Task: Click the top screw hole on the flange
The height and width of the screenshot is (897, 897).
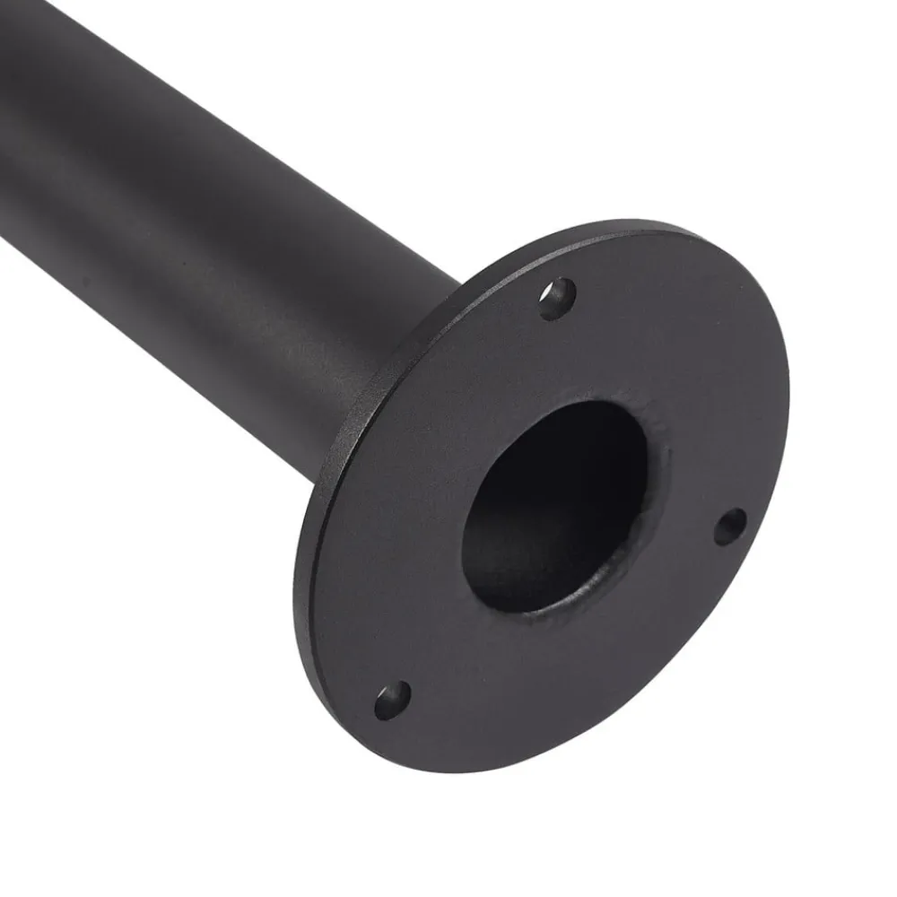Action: click(x=558, y=298)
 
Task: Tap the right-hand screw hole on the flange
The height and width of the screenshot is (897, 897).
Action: click(x=730, y=526)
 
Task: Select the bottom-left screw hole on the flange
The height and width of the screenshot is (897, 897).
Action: click(x=392, y=699)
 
